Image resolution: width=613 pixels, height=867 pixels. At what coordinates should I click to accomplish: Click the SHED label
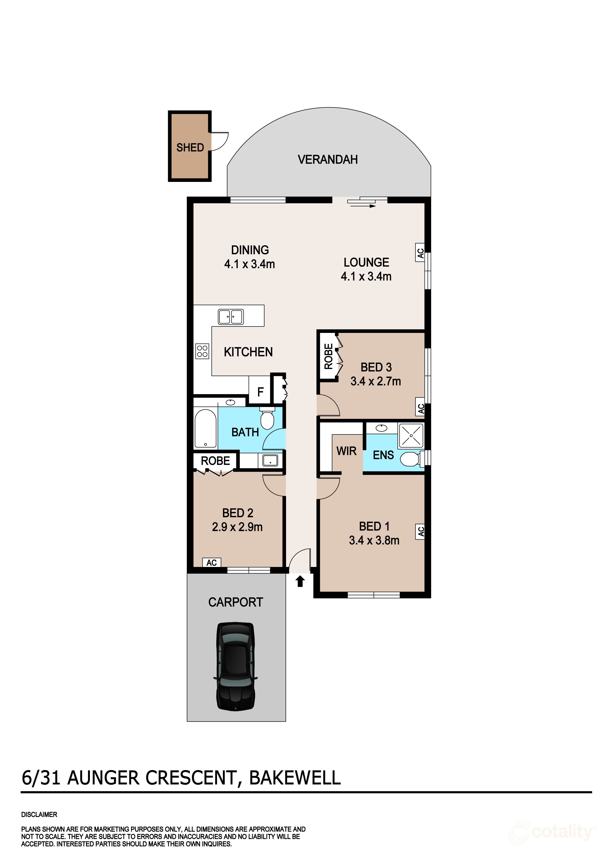(x=190, y=147)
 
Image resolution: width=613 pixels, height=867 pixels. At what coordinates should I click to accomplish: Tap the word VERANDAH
(x=328, y=159)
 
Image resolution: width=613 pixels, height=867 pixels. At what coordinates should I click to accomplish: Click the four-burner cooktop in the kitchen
(x=202, y=351)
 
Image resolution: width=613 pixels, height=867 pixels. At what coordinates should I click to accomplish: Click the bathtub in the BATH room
(x=205, y=428)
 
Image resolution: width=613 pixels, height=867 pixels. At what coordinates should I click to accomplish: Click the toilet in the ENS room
(x=410, y=459)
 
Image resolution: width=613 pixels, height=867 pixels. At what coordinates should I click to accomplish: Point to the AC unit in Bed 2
(x=212, y=563)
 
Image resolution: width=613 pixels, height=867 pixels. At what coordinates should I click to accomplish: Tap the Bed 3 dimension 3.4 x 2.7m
(x=375, y=381)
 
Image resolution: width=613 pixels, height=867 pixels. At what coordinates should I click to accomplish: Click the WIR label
(x=346, y=451)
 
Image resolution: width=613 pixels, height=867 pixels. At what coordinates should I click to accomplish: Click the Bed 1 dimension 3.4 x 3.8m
(x=374, y=540)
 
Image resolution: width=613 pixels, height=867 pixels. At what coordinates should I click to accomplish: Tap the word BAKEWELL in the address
(x=295, y=778)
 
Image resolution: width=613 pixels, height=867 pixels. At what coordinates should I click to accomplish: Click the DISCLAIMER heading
(x=39, y=815)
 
